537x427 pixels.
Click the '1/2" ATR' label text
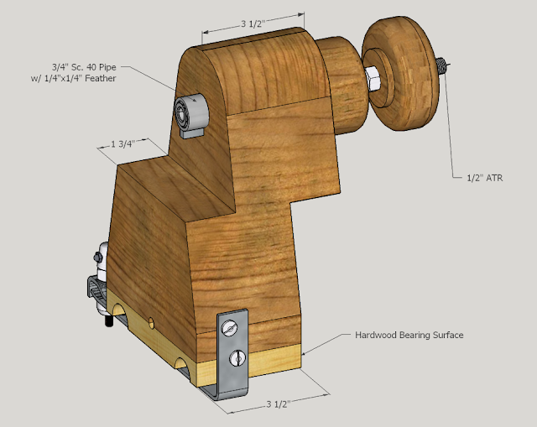click(x=484, y=178)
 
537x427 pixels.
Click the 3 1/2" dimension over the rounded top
click(x=253, y=23)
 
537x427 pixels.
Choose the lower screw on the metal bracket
click(x=237, y=357)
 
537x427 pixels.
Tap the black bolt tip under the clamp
click(x=108, y=321)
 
